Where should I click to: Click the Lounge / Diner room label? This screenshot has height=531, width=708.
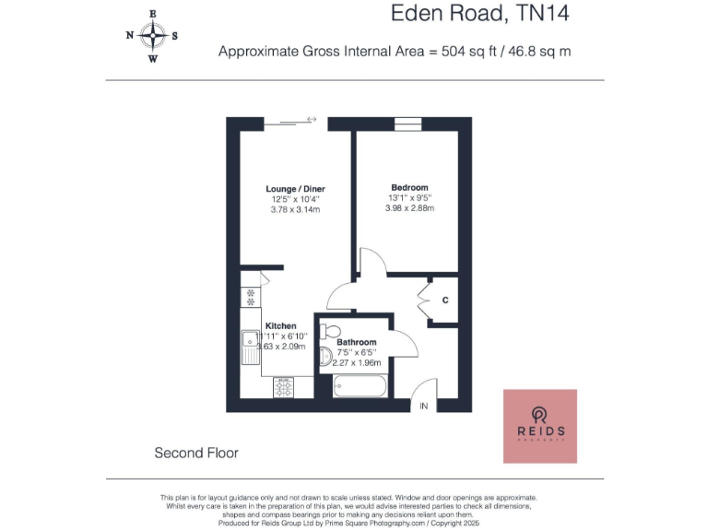pos(295,189)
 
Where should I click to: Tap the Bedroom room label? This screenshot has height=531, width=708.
pos(408,186)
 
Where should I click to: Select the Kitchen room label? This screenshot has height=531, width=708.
pos(281,326)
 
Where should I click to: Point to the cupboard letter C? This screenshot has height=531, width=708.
pos(445,301)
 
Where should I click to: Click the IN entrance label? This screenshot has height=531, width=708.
pos(424,407)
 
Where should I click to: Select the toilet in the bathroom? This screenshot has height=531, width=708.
pos(333,331)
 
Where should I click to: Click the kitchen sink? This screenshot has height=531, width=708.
pos(250,349)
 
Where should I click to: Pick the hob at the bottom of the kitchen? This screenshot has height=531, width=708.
pos(282,388)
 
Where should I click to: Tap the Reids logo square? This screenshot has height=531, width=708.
pos(539,426)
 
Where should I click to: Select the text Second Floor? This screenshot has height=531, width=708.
pos(196,453)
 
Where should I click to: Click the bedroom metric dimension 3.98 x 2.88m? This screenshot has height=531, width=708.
pos(409,208)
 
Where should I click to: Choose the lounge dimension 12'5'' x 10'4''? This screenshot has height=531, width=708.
pos(295,199)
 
